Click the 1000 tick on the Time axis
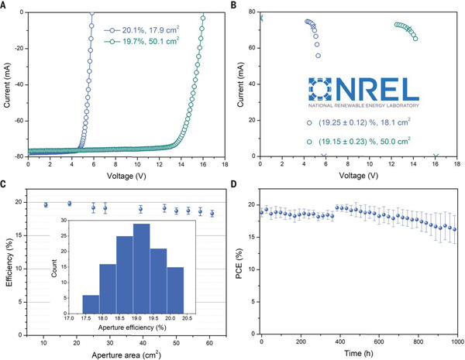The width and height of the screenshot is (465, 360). [x=456, y=341]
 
